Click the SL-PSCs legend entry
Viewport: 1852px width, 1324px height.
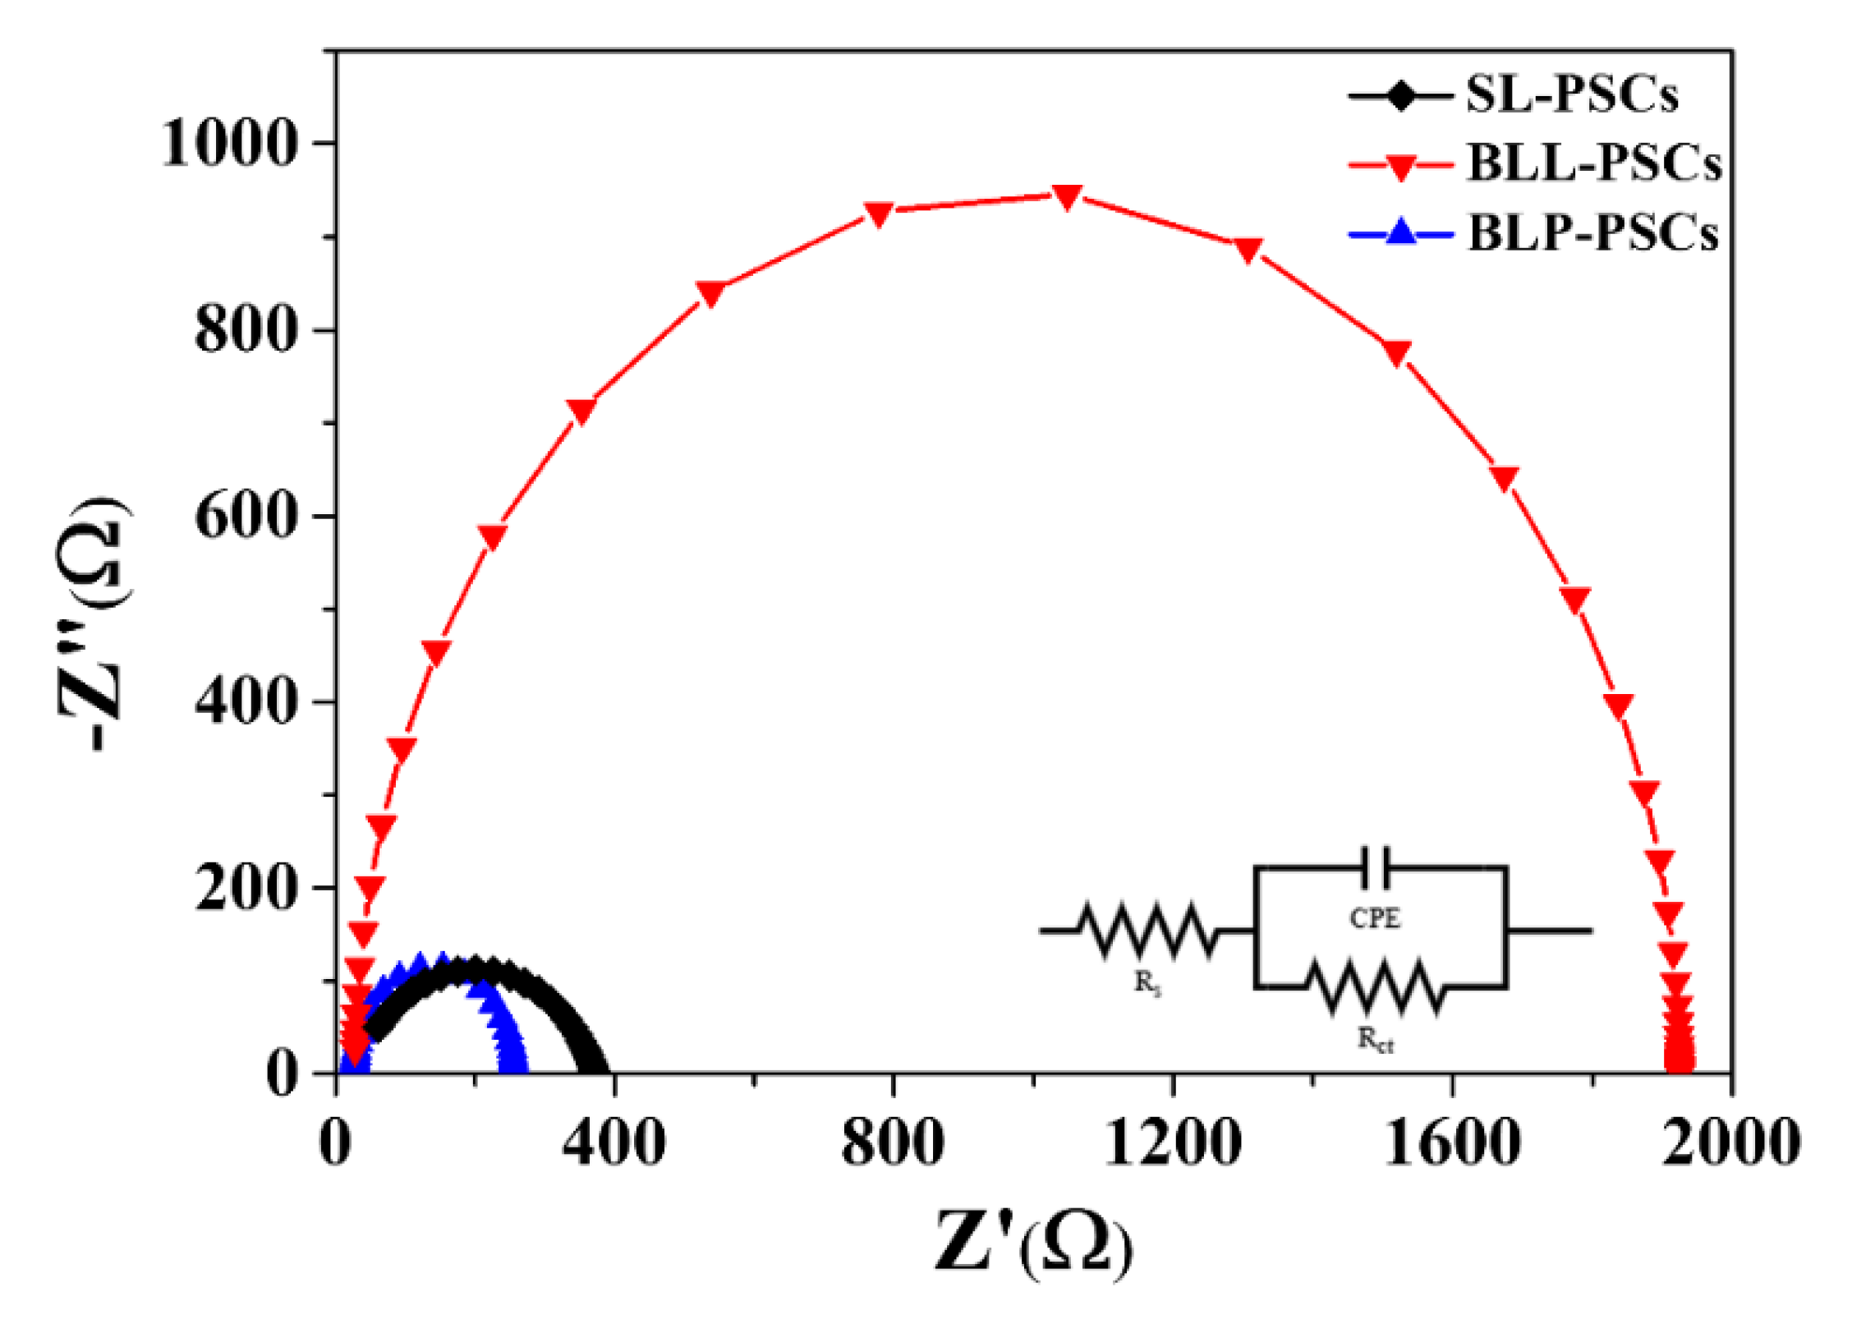tap(1571, 95)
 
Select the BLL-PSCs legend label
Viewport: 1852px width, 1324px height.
tap(1593, 163)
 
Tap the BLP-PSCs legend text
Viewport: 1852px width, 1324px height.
tap(1592, 233)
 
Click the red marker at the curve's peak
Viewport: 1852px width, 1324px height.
tap(1067, 196)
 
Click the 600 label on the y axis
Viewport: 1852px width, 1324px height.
tap(244, 517)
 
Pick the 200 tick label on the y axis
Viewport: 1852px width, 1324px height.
tap(244, 889)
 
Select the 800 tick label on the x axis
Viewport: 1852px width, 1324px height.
tap(892, 1143)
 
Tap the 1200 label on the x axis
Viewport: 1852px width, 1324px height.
tap(1172, 1143)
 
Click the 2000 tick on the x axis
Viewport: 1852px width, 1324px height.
tap(1731, 1143)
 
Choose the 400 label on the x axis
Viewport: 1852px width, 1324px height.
tap(614, 1143)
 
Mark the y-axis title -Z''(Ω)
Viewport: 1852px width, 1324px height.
tap(93, 624)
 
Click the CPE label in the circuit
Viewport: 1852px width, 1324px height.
tap(1375, 918)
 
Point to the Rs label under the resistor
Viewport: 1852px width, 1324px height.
tap(1147, 982)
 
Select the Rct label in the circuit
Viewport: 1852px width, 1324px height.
tap(1375, 1040)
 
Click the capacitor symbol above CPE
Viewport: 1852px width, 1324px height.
tap(1375, 868)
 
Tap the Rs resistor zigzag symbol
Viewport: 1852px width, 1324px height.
tap(1147, 931)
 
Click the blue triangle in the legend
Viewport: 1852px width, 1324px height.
tap(1401, 232)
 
